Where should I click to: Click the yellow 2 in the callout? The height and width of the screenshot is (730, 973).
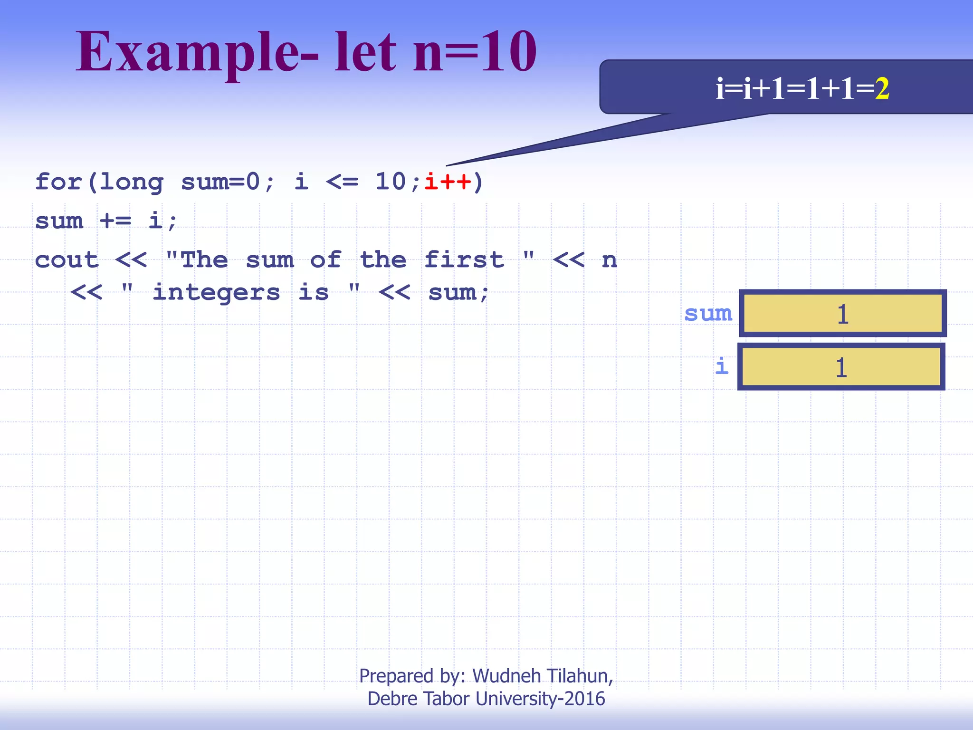coord(882,88)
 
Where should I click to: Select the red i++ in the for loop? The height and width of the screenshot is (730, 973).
coord(448,182)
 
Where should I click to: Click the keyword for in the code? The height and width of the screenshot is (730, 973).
coord(59,182)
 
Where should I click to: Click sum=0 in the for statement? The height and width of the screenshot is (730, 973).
coord(220,182)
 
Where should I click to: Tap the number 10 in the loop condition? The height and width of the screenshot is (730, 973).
coord(391,182)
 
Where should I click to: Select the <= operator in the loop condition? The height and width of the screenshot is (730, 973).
coord(342,182)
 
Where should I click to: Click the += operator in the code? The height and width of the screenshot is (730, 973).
coord(115,221)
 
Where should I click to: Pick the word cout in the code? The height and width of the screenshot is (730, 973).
coord(67,260)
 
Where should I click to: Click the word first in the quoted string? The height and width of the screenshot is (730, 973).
coord(464,260)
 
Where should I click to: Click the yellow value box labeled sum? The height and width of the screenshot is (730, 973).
coord(842,314)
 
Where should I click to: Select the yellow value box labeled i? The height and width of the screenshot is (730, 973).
coord(841,367)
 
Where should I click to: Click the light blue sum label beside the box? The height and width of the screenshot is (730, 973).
coord(708,314)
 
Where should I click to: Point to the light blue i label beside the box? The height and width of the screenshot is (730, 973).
coord(722,366)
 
